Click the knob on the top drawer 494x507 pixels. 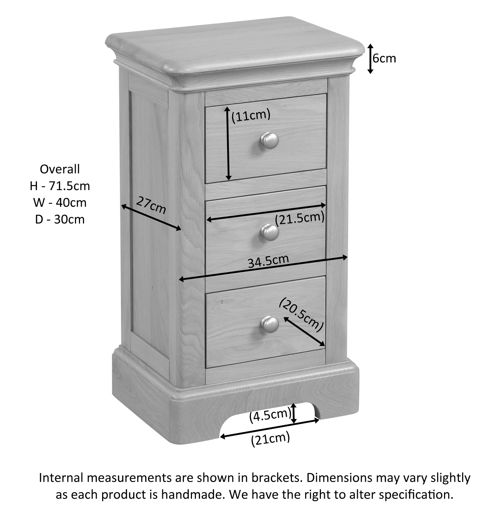coord(269,141)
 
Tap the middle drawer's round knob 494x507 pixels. coord(270,232)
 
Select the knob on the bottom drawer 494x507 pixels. coord(270,324)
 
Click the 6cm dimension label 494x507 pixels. coord(384,58)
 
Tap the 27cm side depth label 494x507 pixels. coord(151,206)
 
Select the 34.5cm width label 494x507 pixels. coord(268,261)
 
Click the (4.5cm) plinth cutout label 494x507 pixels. coord(270,415)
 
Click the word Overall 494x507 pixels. coord(60,169)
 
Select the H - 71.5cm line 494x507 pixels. coord(60,186)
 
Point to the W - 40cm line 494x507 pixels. coord(60,203)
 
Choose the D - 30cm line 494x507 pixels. coord(60,219)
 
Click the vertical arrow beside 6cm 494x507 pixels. coord(370,59)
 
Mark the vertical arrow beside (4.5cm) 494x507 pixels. coord(294,413)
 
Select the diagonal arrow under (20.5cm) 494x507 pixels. coord(304,331)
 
